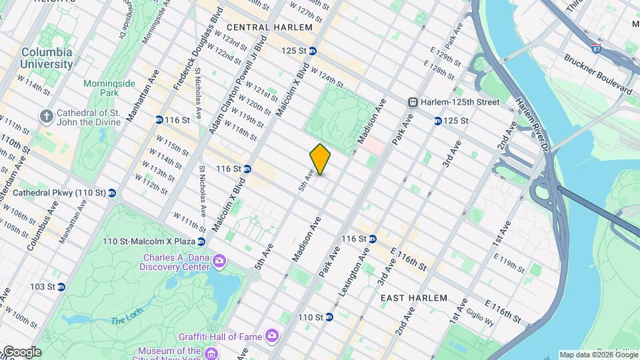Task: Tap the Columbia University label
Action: (47, 58)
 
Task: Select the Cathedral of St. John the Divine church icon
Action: (46, 117)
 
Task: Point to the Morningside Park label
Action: (109, 89)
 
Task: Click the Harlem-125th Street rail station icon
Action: (413, 102)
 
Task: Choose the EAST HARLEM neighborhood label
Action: (413, 299)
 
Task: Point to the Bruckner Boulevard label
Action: (598, 73)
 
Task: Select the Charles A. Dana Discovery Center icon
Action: (219, 259)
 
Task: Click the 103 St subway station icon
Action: (61, 287)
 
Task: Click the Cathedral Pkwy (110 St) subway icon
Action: (111, 193)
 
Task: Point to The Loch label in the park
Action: (127, 320)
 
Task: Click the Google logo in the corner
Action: (21, 351)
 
